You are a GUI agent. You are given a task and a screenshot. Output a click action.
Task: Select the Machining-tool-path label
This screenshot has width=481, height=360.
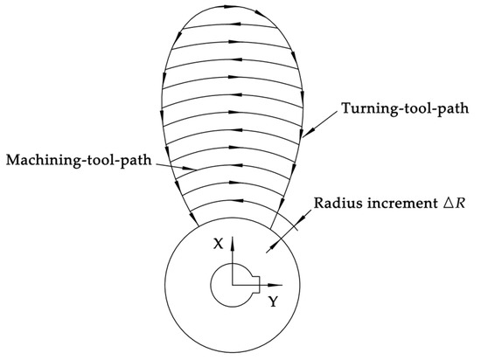click(73, 161)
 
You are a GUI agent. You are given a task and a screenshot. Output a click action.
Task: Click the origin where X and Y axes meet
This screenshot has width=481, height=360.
click(232, 285)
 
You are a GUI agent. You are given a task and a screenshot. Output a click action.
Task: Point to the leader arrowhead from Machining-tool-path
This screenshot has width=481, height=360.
click(180, 170)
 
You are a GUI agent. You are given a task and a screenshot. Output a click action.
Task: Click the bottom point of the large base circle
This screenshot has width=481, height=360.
click(232, 350)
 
